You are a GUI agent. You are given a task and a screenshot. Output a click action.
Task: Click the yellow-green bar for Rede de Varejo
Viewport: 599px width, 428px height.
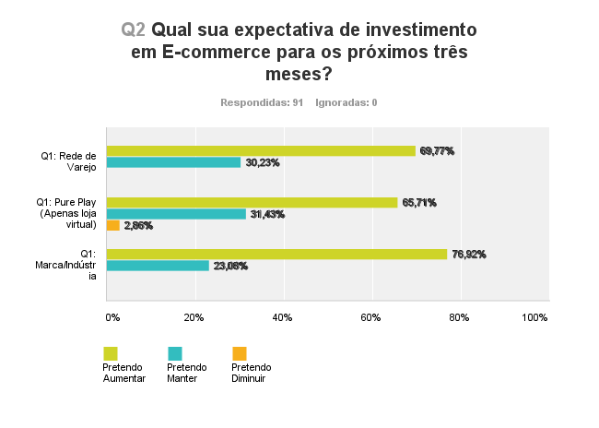(261, 151)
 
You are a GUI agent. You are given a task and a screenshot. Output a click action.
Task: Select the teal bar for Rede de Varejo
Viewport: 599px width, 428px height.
(173, 162)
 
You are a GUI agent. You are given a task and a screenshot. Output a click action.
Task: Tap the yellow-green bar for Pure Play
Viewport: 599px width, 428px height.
(252, 203)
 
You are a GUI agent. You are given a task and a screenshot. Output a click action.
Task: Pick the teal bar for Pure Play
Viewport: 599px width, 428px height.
(176, 214)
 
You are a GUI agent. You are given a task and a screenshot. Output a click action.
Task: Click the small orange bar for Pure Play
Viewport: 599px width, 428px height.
(112, 225)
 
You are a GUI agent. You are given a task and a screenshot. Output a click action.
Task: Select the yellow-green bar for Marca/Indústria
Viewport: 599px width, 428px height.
(276, 255)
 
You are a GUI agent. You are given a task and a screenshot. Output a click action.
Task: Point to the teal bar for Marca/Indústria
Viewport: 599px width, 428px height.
(158, 266)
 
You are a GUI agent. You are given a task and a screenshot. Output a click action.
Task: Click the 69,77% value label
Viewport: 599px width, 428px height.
(438, 151)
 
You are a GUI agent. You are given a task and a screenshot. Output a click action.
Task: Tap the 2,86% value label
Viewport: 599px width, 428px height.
(138, 225)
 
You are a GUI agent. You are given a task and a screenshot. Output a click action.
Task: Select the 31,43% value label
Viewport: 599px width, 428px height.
(267, 214)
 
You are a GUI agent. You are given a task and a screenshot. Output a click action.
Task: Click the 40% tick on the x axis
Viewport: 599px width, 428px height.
(284, 317)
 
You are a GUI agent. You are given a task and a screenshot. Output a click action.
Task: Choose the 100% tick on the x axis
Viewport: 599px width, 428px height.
(534, 317)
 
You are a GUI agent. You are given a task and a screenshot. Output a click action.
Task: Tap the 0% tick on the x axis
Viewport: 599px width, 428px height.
(112, 317)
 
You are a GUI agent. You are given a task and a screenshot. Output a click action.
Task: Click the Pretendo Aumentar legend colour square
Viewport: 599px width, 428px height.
(111, 353)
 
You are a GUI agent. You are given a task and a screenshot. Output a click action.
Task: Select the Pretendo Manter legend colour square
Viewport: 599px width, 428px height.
(175, 353)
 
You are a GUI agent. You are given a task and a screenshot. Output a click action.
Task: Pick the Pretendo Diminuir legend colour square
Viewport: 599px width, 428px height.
(240, 353)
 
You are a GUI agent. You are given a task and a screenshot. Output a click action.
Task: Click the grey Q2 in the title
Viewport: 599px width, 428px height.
(134, 30)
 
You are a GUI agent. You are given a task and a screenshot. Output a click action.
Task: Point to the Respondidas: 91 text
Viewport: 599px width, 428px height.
(262, 102)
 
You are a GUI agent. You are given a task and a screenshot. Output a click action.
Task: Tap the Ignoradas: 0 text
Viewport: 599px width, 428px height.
(346, 102)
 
